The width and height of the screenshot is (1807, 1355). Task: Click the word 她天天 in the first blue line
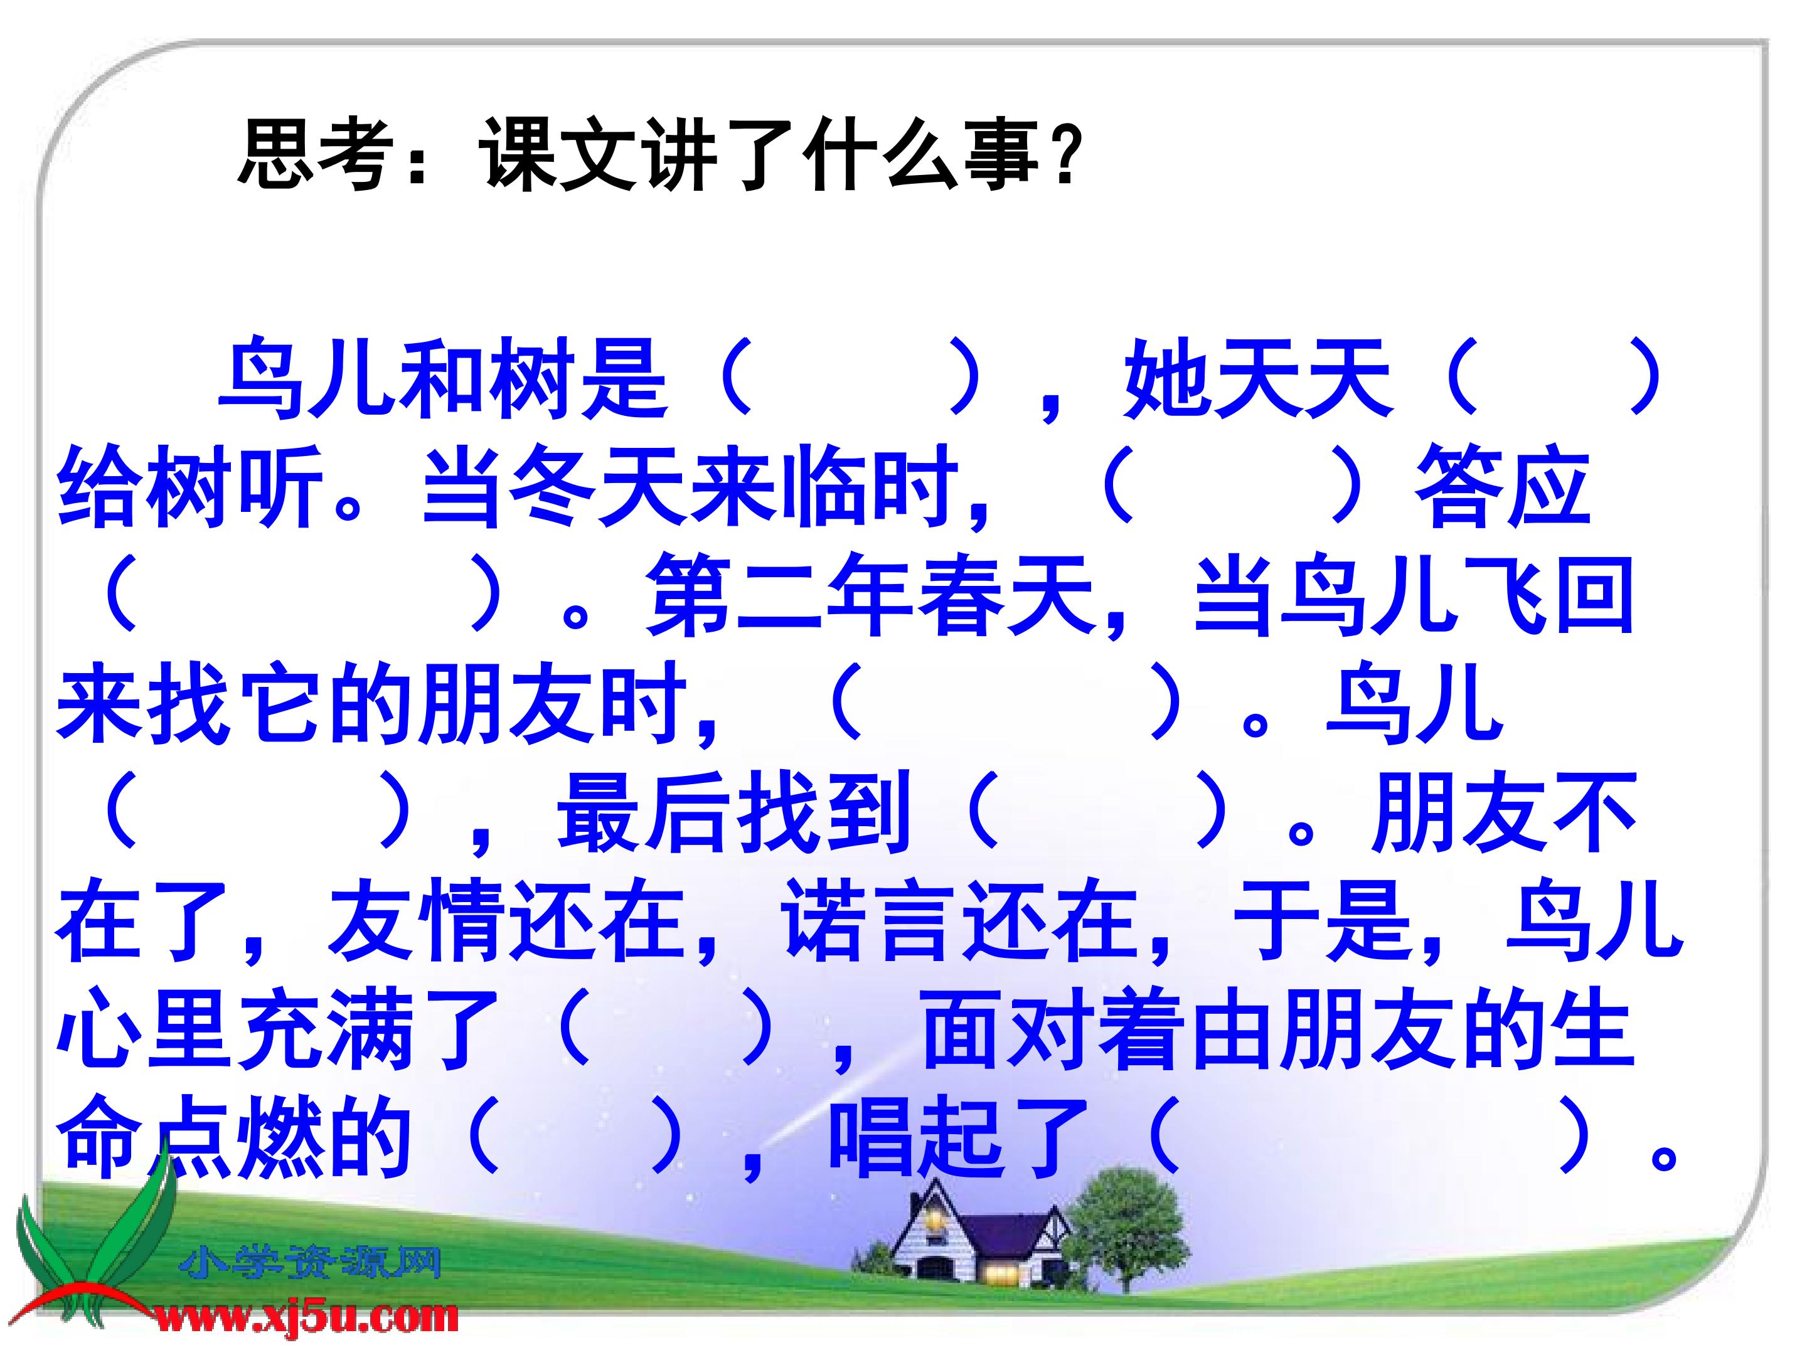pyautogui.click(x=1259, y=380)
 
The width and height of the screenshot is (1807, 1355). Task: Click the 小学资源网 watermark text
pyautogui.click(x=311, y=1264)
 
